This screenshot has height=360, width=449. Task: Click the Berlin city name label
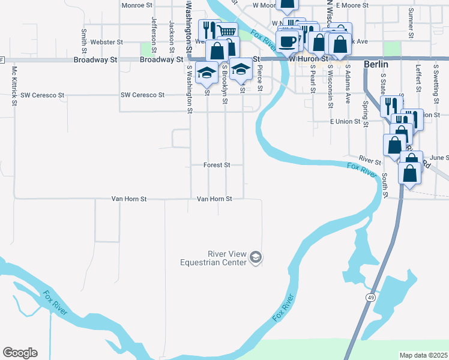(376, 64)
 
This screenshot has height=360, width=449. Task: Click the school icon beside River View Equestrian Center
(256, 257)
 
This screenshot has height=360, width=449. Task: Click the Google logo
(20, 353)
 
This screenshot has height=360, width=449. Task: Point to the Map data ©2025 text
(423, 355)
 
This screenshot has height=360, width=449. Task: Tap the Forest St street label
(217, 164)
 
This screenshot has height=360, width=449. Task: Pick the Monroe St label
(137, 5)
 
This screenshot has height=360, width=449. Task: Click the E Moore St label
(351, 5)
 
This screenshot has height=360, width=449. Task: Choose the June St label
(439, 157)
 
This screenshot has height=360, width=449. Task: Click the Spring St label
(365, 110)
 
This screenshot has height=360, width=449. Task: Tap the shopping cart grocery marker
(226, 31)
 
